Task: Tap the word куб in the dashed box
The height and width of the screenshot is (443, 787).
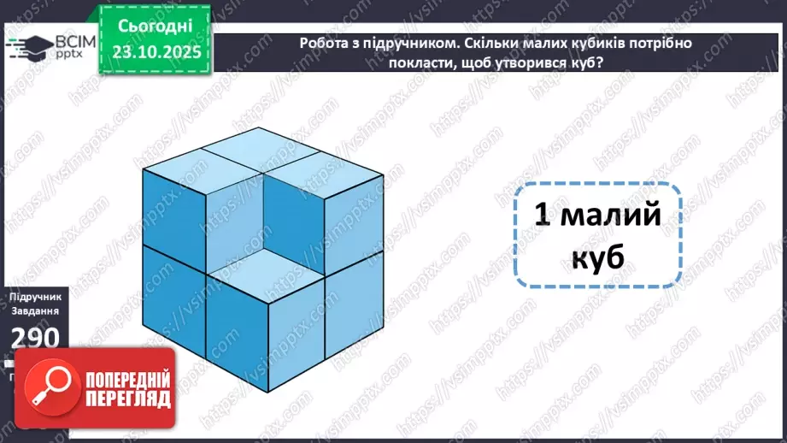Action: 597,256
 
